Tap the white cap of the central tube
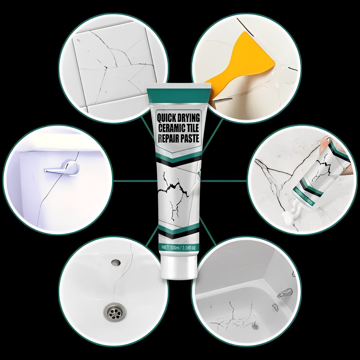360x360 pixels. tap(180, 266)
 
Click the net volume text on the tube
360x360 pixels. tap(180, 248)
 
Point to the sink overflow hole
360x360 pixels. tap(116, 263)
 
